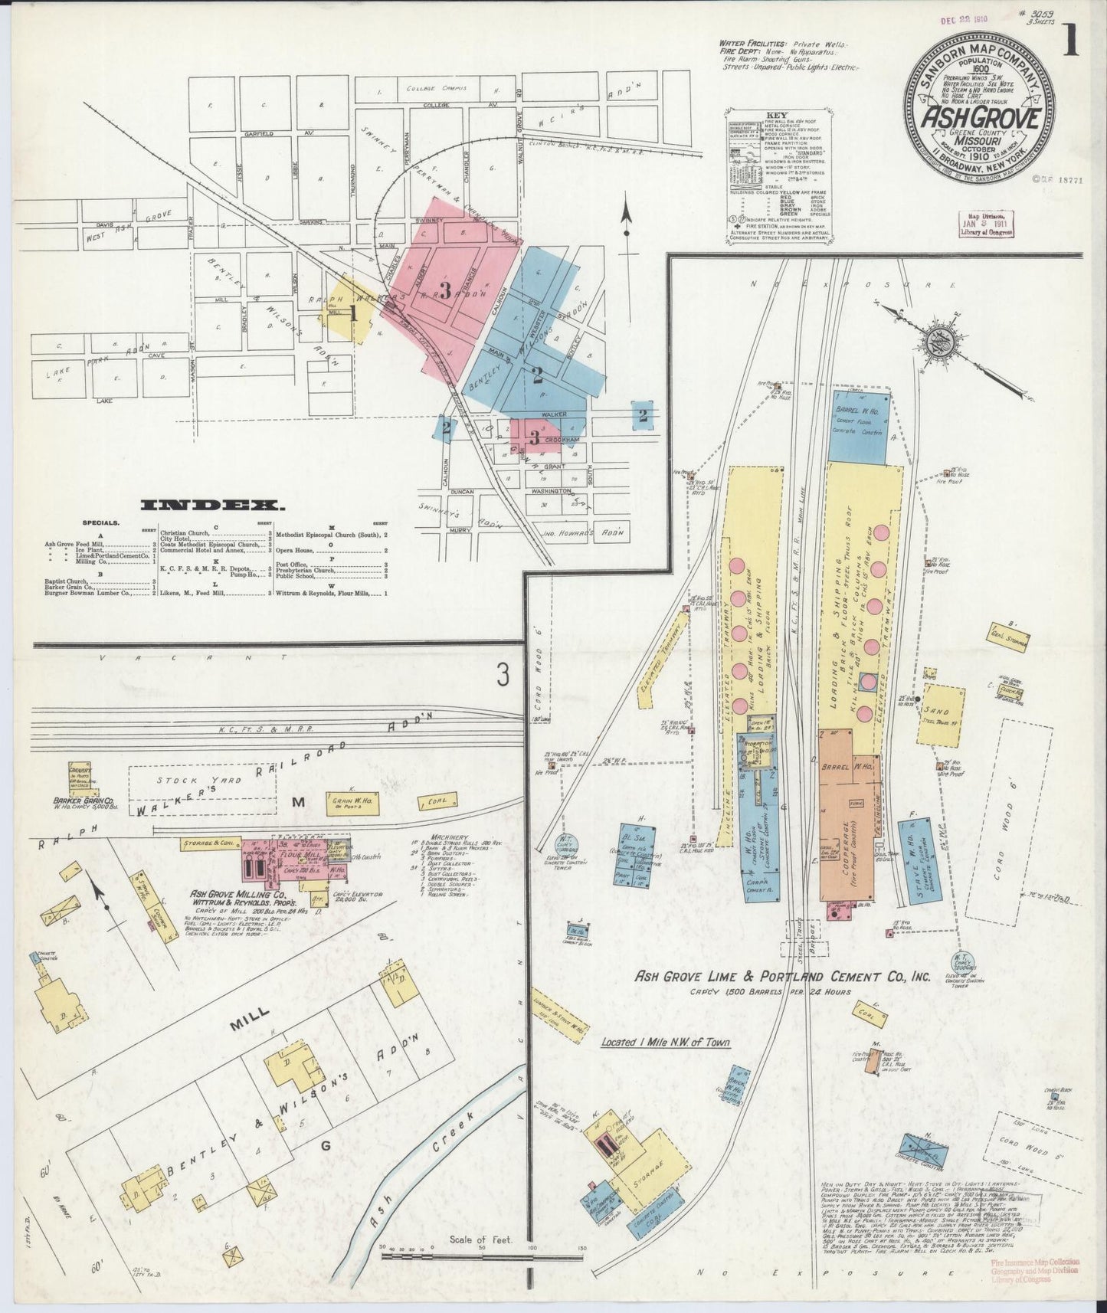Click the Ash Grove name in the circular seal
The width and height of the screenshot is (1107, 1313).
(980, 119)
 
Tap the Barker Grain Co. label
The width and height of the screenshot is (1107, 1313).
(84, 801)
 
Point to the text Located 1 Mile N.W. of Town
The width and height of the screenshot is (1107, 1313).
(665, 1043)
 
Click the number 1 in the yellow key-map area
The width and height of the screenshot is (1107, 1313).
(353, 312)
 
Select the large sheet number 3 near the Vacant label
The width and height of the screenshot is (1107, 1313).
(502, 675)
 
